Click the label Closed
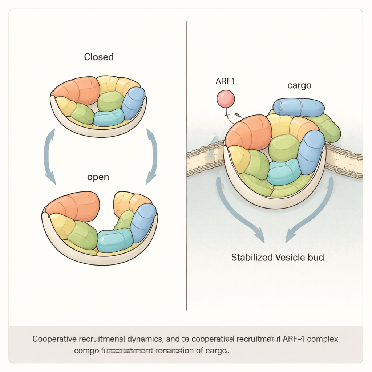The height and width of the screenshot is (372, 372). point(99,57)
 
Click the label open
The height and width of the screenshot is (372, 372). point(98,178)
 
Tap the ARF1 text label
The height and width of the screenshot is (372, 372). point(225,81)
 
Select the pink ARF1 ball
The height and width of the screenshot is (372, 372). point(226,99)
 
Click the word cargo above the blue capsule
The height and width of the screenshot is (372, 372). point(299,85)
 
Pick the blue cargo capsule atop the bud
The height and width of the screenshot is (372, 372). point(299,107)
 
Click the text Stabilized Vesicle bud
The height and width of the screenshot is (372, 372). point(278,258)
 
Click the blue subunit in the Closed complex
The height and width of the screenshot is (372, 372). point(133,103)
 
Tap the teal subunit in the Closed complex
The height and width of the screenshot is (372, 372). point(109,118)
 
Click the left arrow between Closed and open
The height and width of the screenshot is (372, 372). point(49,156)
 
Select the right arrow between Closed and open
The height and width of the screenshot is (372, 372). point(152,156)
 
